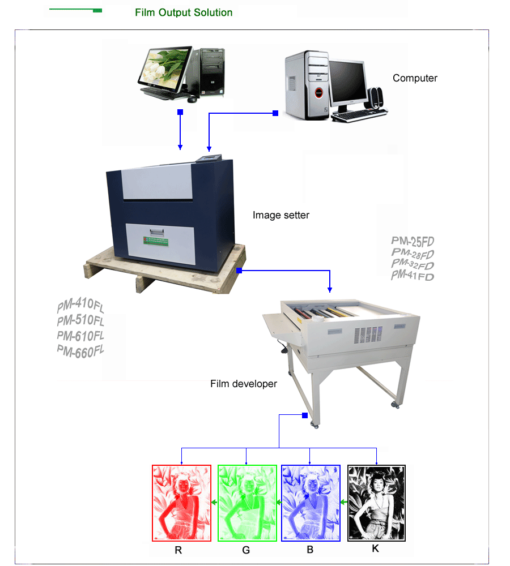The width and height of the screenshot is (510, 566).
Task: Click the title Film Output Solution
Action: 184,12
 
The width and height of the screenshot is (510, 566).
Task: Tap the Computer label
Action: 415,78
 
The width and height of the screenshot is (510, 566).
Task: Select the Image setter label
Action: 281,215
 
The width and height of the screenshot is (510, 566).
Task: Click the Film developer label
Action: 244,384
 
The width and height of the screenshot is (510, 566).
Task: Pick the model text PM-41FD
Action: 413,276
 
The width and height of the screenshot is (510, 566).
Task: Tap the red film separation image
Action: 181,503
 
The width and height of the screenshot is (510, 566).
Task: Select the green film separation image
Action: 247,503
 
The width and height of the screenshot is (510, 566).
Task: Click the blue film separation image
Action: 311,503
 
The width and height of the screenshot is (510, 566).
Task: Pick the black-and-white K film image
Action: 376,503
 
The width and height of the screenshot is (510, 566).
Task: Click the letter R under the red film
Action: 178,550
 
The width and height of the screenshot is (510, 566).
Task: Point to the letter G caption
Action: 246,550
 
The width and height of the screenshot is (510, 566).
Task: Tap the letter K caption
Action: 375,548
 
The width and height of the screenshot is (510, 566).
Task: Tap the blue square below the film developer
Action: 305,415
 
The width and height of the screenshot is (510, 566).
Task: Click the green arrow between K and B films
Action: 343,502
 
